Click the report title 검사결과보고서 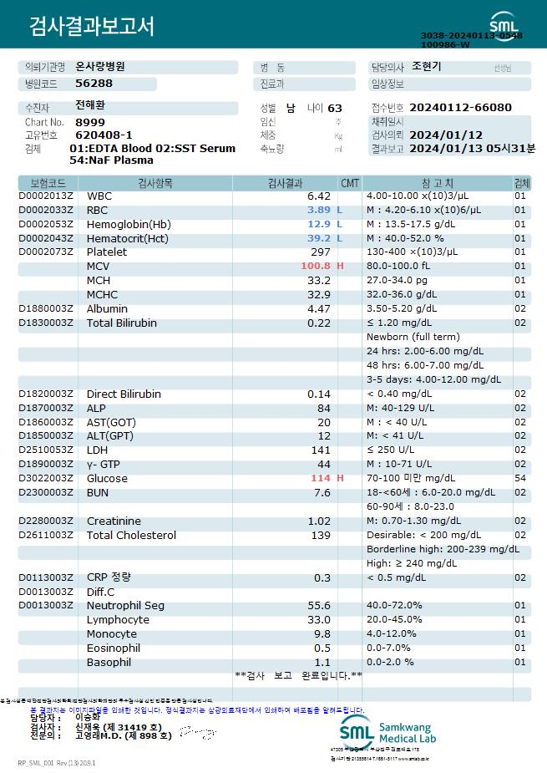93,27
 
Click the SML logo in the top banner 504,22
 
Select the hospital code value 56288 94,84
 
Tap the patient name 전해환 90,106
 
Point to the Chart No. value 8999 90,122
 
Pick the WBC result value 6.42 319,196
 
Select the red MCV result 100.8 316,266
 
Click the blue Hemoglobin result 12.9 319,224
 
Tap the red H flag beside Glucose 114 340,478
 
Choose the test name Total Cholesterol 131,535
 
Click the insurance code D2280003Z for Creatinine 46,521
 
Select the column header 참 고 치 432,182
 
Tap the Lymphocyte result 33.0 319,620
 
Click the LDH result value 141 321,450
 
